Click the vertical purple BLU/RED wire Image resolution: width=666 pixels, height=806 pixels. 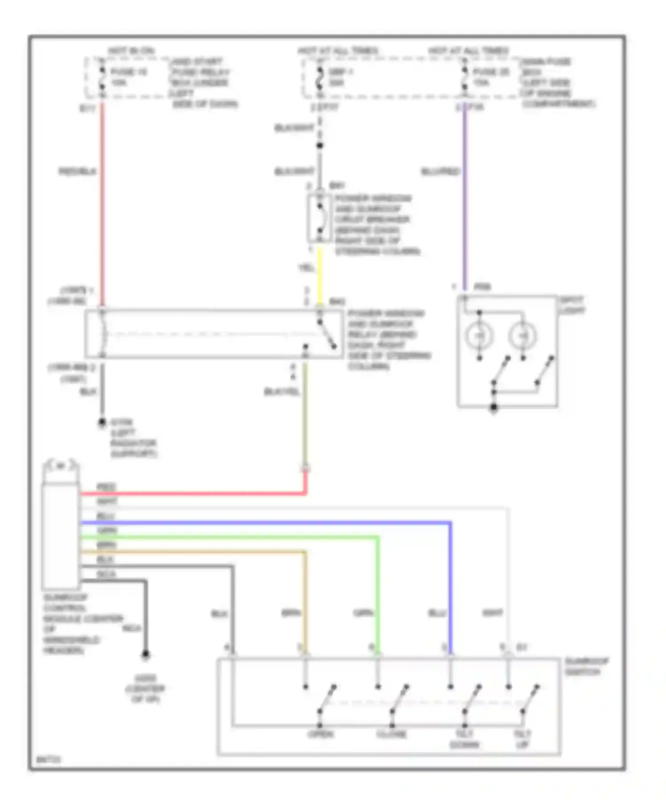click(464, 200)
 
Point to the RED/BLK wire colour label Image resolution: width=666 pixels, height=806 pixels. click(77, 172)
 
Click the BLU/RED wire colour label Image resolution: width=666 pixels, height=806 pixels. click(440, 172)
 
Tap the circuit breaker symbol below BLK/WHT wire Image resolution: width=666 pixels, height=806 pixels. click(320, 218)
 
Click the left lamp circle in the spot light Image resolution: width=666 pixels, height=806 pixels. click(480, 336)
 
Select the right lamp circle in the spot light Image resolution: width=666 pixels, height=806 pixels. click(523, 336)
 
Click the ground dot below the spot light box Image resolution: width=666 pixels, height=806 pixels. click(493, 407)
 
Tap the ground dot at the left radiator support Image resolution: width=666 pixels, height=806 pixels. click(102, 422)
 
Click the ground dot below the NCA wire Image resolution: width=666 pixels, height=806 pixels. click(145, 654)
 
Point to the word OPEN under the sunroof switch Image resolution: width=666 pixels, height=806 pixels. click(321, 734)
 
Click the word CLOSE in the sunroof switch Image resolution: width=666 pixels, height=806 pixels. click(392, 734)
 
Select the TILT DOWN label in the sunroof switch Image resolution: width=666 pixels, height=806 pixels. click(464, 739)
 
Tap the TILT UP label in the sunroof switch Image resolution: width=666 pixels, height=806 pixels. click(523, 739)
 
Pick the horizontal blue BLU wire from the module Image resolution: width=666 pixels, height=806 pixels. click(266, 523)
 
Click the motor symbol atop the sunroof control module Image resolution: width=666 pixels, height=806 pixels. click(61, 466)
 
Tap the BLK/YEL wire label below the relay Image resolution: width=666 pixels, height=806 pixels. click(282, 391)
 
